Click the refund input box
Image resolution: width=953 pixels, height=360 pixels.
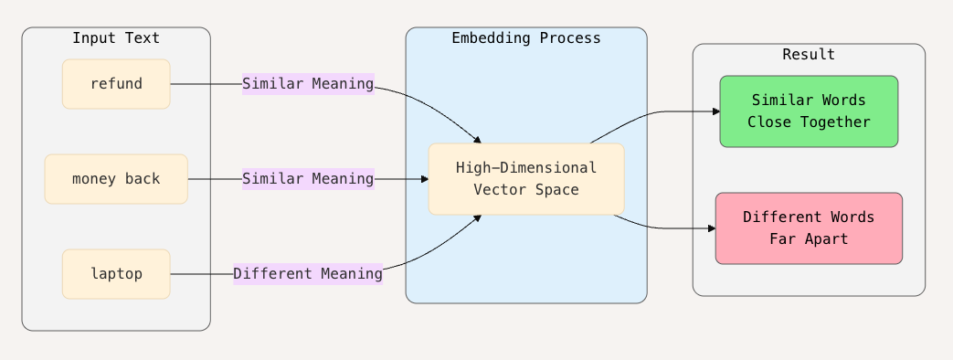[x=116, y=84]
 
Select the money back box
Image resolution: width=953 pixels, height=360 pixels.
[x=116, y=179]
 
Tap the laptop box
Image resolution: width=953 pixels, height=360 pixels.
[x=116, y=273]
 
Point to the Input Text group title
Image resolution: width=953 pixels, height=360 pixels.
[x=116, y=38]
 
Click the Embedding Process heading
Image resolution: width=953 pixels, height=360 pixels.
[x=526, y=38]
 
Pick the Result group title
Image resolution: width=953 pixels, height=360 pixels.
[x=809, y=55]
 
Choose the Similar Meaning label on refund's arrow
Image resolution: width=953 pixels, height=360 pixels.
[x=308, y=84]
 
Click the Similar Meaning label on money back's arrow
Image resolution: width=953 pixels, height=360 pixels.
[x=308, y=179]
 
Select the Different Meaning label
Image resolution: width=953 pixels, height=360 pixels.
[x=308, y=273]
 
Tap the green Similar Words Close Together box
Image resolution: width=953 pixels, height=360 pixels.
[x=809, y=111]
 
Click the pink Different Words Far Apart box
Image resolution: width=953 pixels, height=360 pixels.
[x=809, y=228]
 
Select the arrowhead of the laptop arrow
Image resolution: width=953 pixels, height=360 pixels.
[x=477, y=218]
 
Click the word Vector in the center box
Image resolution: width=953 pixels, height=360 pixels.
[x=495, y=190]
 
